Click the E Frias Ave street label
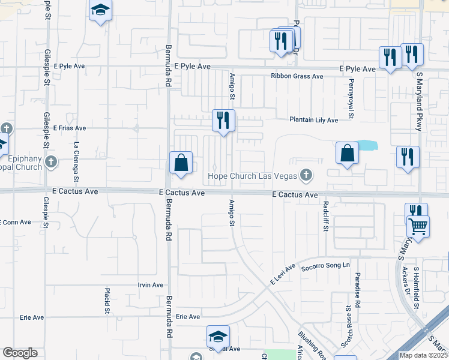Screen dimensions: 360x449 70,128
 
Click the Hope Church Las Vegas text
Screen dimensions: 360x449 253,176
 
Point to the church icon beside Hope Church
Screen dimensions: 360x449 306,175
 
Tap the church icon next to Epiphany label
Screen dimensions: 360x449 52,161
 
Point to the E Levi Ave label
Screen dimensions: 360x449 283,274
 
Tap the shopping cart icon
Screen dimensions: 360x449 418,227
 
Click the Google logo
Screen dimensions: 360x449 20,353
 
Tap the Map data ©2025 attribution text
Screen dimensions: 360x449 424,355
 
